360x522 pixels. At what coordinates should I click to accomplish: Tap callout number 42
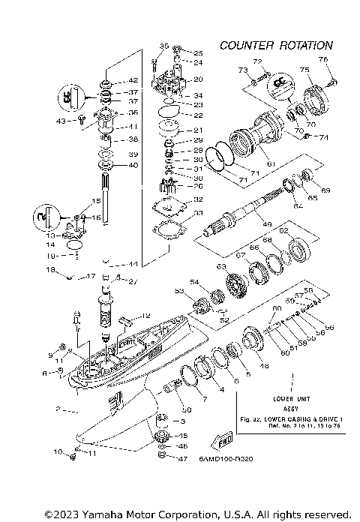133,80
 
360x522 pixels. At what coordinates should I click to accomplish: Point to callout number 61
271,163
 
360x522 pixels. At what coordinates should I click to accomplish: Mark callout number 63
221,266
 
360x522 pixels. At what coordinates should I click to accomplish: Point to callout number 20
198,79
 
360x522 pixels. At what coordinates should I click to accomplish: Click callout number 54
194,282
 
